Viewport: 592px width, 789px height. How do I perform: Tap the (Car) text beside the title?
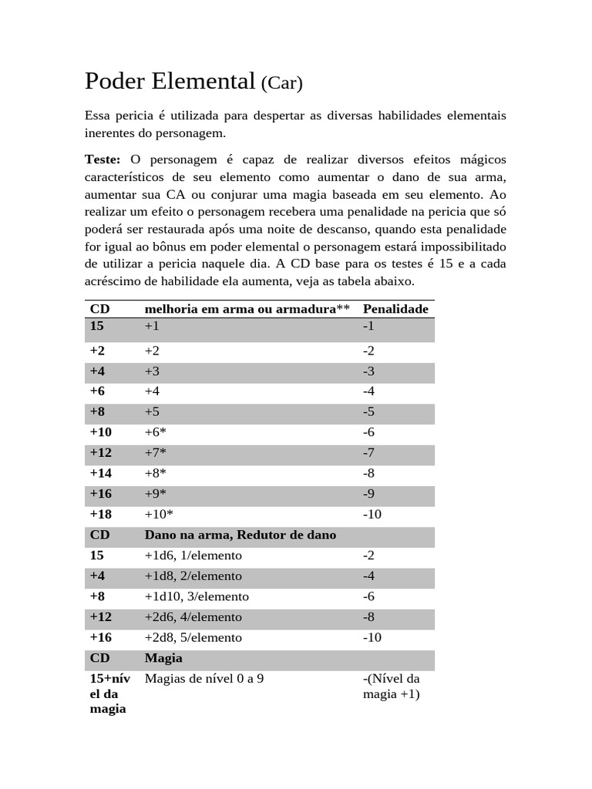[x=281, y=83]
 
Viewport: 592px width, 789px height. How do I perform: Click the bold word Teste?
[x=103, y=159]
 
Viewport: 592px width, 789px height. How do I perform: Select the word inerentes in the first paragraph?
[x=113, y=133]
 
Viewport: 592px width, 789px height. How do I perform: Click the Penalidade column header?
[x=395, y=309]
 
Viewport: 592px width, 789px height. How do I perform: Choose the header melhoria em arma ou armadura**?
[x=247, y=309]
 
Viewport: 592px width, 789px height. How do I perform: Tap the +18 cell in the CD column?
[x=100, y=514]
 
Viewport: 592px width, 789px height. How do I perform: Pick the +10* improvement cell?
[x=159, y=514]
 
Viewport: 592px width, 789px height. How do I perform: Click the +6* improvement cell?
[x=156, y=432]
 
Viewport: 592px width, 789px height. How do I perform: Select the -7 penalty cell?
[x=368, y=452]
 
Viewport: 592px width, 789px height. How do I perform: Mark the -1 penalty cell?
[x=368, y=326]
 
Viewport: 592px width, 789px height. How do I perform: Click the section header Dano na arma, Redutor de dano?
[x=240, y=535]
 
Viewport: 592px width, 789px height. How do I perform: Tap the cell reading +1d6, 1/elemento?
[x=193, y=556]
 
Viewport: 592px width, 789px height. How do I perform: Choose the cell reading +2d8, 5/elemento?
[x=193, y=637]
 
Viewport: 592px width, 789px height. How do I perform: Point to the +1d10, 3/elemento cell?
[x=197, y=596]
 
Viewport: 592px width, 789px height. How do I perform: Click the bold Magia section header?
[x=163, y=658]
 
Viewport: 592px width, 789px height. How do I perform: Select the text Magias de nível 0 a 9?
[x=204, y=679]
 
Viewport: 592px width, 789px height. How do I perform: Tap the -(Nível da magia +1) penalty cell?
[x=391, y=687]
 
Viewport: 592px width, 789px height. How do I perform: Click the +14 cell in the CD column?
[x=100, y=473]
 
